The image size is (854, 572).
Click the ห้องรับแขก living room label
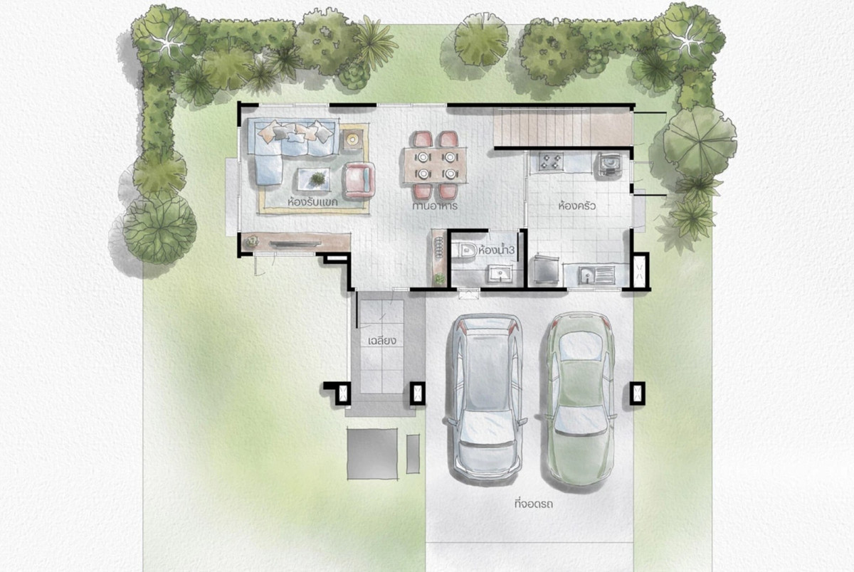[x=312, y=201]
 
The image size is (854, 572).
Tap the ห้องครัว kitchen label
[x=576, y=206]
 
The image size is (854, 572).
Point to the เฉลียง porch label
[x=382, y=341]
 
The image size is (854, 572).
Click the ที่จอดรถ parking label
[x=533, y=504]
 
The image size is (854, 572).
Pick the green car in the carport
[x=580, y=398]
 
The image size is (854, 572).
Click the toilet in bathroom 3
[x=468, y=250]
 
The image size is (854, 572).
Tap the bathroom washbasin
[x=500, y=274]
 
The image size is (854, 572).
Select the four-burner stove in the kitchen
[x=551, y=161]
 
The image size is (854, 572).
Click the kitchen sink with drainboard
[x=596, y=275]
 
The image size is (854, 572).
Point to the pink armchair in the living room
[x=359, y=180]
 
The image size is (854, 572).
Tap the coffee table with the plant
[x=314, y=179]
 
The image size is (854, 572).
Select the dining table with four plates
[x=436, y=166]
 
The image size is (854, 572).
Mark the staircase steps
[x=562, y=127]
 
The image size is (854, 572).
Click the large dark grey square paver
[x=372, y=454]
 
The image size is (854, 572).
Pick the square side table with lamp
[x=351, y=139]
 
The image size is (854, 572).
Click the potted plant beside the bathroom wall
[x=440, y=279]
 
